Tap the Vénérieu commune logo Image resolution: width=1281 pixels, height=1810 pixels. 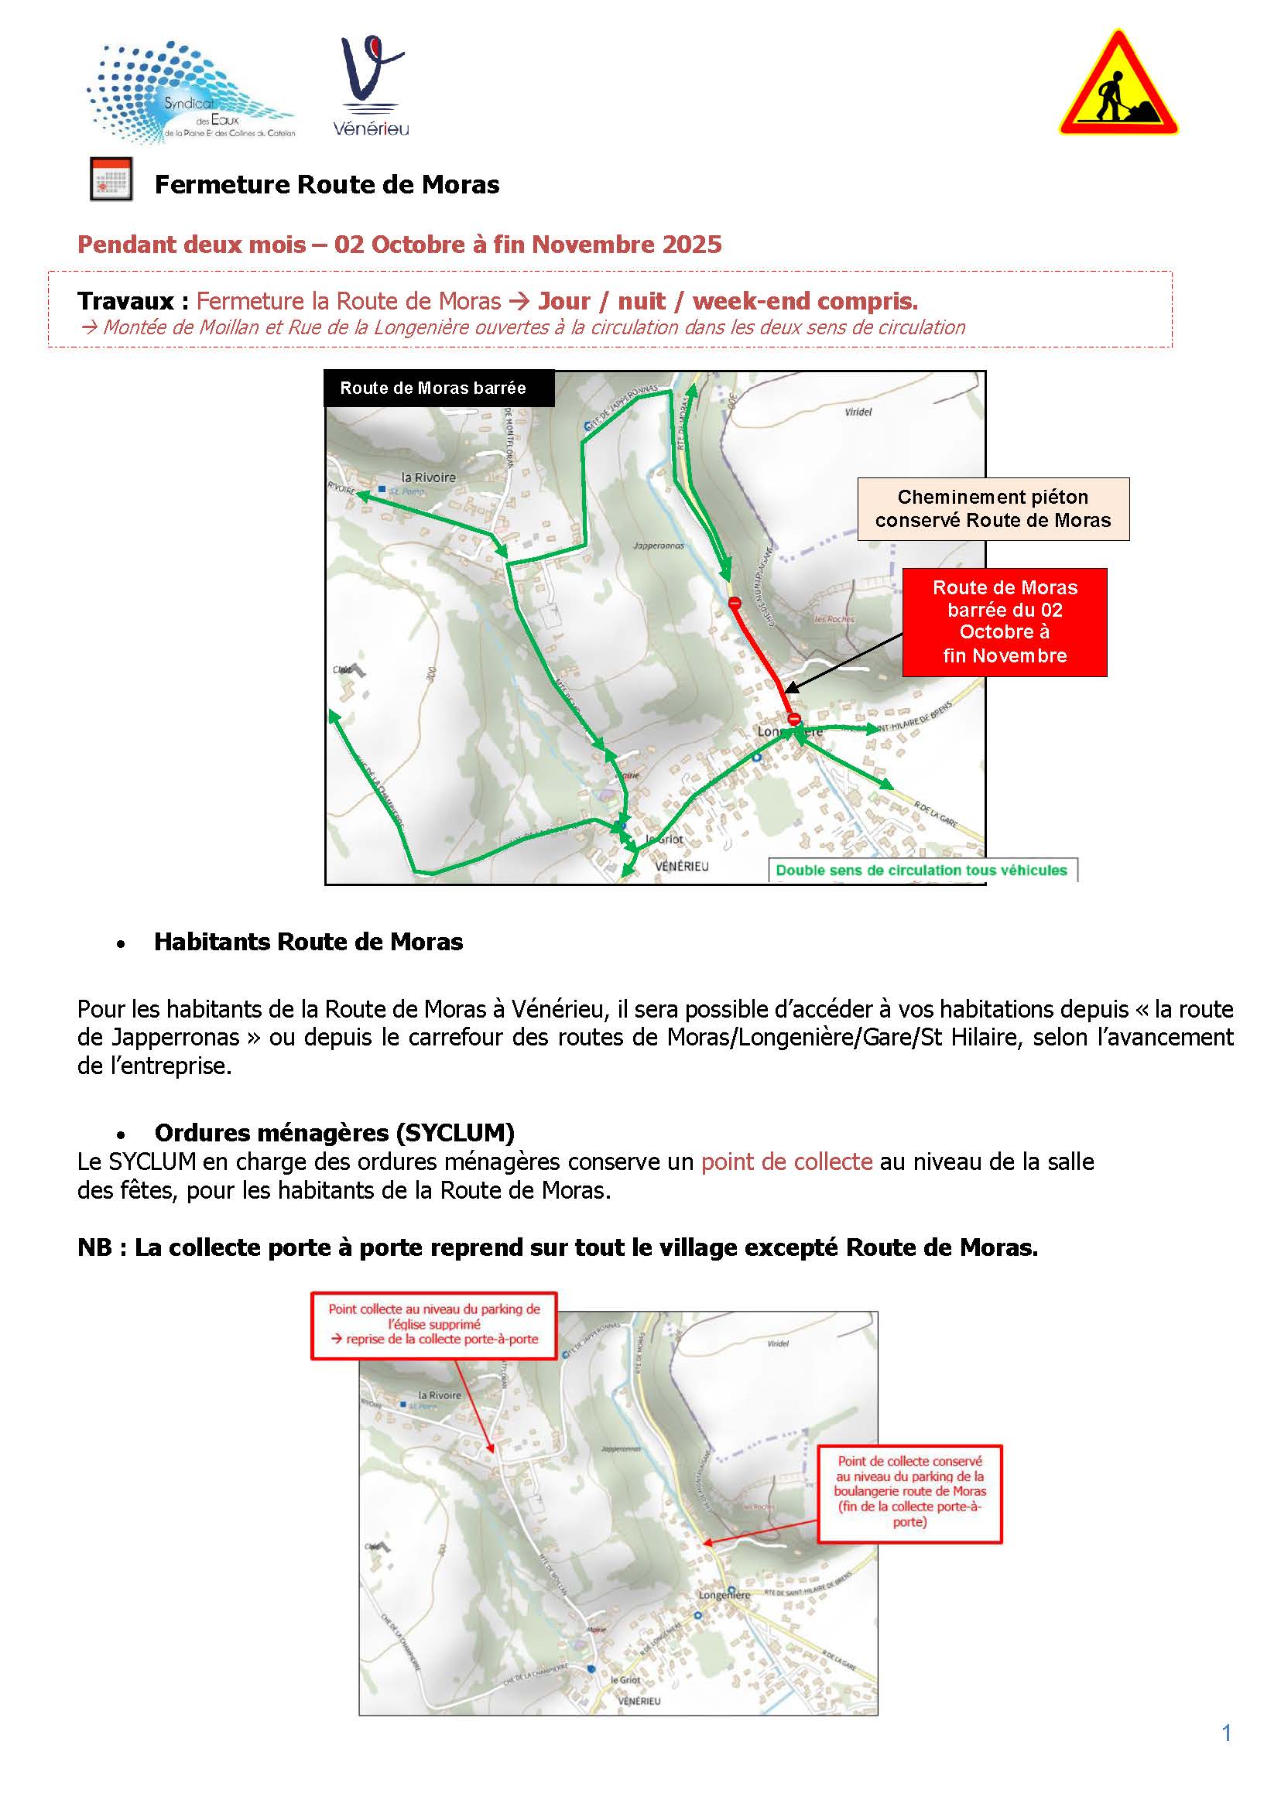pos(372,87)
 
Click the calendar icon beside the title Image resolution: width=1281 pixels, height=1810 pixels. pos(111,180)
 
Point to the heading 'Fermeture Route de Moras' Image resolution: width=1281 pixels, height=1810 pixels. pos(327,184)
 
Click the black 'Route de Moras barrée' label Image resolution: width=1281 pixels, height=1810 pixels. pos(433,388)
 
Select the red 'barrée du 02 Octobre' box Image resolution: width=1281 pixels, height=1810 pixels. pos(1004,621)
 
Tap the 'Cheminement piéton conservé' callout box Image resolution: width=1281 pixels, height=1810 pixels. pos(992,508)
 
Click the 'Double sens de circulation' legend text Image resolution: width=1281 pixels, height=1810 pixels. pos(920,870)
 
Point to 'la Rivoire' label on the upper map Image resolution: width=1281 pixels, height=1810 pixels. pos(428,477)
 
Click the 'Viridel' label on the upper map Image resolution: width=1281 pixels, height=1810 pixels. pos(858,412)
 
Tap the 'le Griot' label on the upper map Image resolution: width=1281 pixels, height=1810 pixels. pos(664,839)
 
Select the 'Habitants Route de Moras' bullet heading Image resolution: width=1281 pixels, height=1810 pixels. pos(308,942)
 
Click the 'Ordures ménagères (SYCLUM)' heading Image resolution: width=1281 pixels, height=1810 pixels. pos(334,1133)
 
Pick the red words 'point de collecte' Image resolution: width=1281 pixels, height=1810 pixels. pos(786,1162)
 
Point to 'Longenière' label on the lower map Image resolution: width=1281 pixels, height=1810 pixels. pos(724,1596)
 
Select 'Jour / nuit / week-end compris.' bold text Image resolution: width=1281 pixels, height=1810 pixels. pos(728,301)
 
